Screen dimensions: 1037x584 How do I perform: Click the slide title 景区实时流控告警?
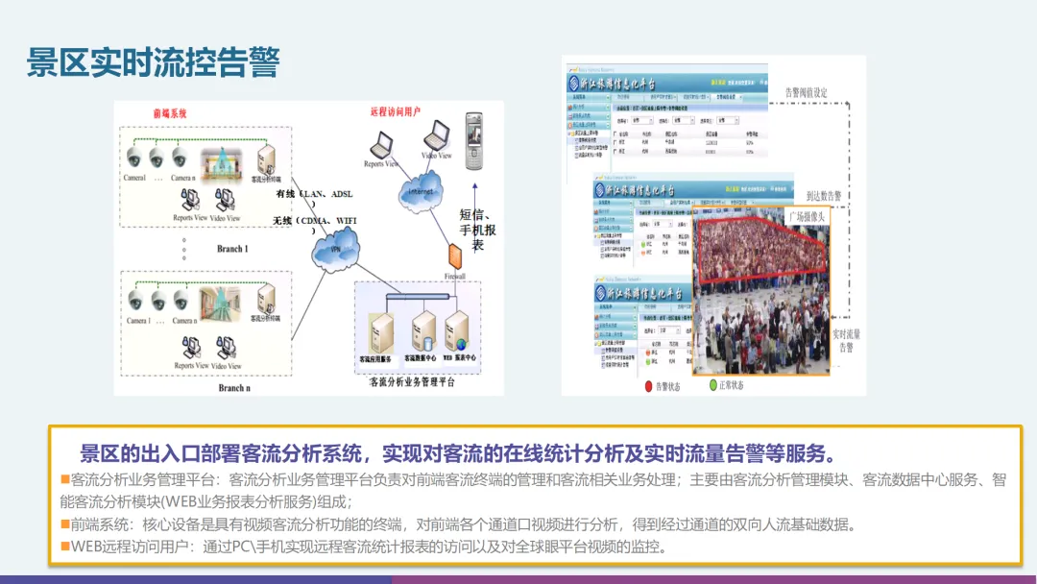154,64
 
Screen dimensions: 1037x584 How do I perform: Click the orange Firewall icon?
454,256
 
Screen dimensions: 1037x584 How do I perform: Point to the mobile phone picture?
472,138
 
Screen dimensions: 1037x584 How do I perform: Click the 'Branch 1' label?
232,249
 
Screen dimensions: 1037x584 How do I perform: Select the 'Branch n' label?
232,388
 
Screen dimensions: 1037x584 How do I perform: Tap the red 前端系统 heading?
170,113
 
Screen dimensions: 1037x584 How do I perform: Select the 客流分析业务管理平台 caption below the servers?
412,381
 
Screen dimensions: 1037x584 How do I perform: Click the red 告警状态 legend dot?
647,386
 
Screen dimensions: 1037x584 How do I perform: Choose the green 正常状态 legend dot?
713,385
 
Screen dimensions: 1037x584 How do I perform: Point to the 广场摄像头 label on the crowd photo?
807,216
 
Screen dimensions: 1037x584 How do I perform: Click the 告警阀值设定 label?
806,92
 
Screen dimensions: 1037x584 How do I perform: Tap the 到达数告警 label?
824,195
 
